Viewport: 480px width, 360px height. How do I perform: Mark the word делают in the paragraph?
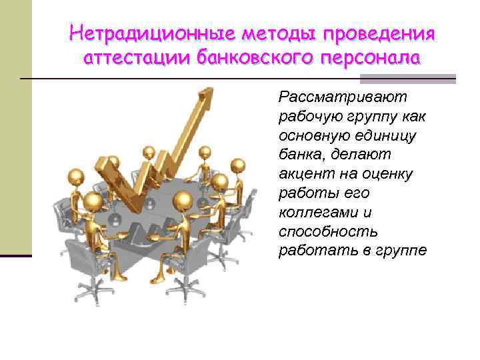point(369,155)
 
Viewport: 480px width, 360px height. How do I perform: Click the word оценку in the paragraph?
point(388,174)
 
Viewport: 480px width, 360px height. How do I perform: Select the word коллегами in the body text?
point(315,213)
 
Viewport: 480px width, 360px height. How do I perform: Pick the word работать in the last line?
point(312,251)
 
